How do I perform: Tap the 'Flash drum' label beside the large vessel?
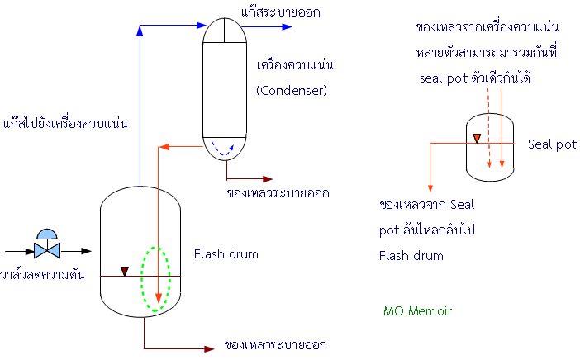pos(226,254)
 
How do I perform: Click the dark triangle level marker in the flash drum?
pos(126,270)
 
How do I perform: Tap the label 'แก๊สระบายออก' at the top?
pos(281,12)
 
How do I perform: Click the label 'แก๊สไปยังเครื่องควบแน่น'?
pos(69,123)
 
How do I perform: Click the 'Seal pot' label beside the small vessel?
pos(552,144)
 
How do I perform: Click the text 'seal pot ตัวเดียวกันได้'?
pos(474,78)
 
